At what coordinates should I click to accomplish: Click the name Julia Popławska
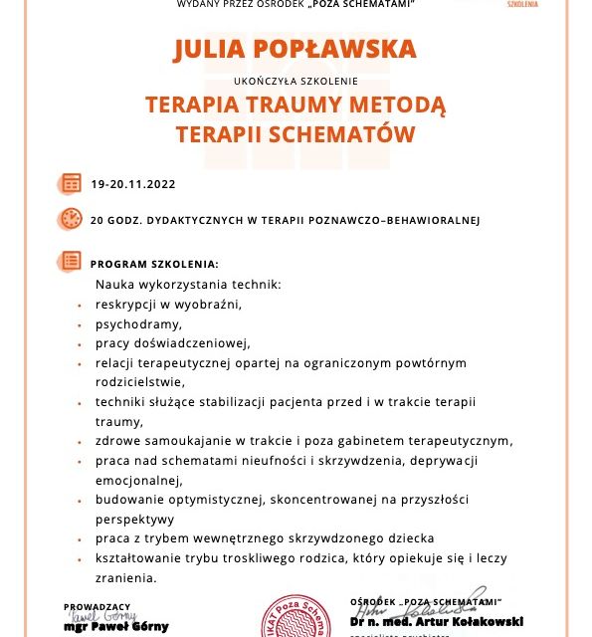point(296,51)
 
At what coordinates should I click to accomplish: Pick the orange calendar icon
point(71,183)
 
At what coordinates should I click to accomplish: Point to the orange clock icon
point(71,219)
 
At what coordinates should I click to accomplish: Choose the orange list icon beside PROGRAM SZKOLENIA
point(71,262)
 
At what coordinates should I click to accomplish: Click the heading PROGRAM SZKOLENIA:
point(154,264)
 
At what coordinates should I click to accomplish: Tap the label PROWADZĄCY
point(97,606)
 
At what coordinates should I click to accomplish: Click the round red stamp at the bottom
point(296,617)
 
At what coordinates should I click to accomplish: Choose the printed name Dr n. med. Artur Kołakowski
point(436,621)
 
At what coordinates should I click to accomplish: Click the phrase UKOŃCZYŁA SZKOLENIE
point(296,81)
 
